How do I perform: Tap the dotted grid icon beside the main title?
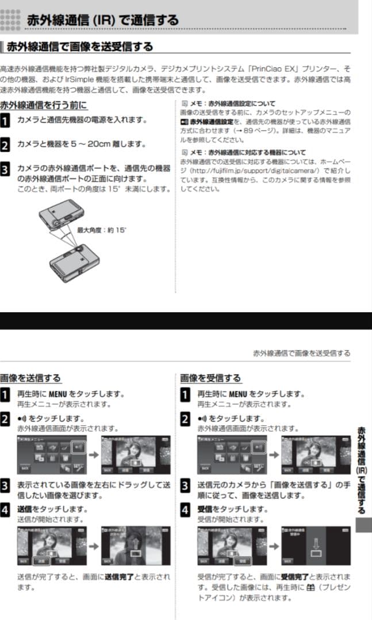point(10,20)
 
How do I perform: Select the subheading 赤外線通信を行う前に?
point(44,105)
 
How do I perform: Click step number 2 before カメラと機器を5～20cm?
point(5,145)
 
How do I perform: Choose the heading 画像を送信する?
point(30,378)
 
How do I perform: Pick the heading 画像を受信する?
point(210,378)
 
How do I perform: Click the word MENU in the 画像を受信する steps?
point(237,394)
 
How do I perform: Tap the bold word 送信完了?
point(118,576)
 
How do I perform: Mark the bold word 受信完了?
point(294,576)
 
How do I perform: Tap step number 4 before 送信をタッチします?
point(5,509)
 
